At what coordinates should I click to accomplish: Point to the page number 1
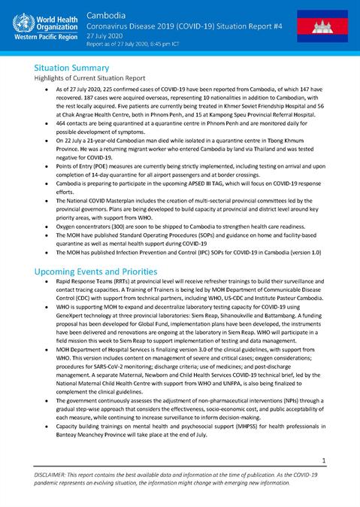click(343, 460)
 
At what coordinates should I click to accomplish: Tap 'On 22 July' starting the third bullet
click(71, 152)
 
